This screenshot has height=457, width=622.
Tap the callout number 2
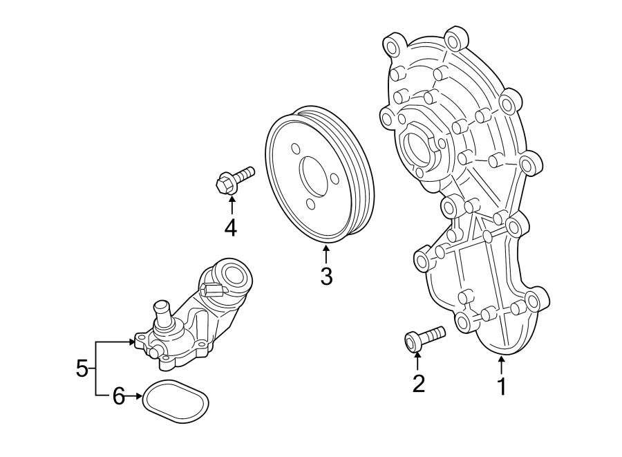click(x=418, y=383)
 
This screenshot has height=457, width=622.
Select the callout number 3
click(x=326, y=277)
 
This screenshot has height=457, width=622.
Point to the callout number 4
click(x=230, y=227)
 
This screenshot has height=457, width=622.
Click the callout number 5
click(x=82, y=369)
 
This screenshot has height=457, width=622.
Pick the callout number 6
click(x=118, y=396)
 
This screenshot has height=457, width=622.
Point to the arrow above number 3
click(x=326, y=254)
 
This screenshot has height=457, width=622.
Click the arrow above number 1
click(x=502, y=363)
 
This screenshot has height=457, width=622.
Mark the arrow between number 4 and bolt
click(x=231, y=204)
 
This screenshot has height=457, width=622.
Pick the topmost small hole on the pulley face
click(x=296, y=149)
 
